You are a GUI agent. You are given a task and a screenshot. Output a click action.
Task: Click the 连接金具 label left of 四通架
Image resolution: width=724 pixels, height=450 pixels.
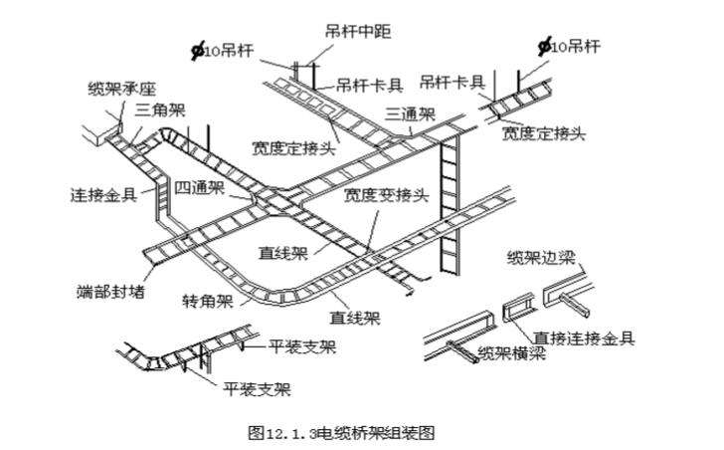tap(103, 192)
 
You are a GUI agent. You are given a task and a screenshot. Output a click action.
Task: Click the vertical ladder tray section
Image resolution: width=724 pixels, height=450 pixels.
tap(451, 209)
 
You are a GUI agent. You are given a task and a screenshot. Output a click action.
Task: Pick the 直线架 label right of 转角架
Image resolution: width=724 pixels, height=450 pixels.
tap(354, 318)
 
